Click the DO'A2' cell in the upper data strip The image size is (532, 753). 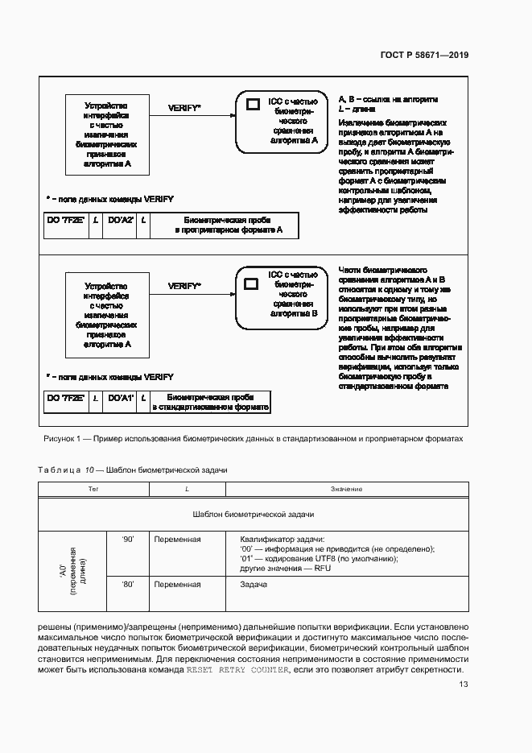[121, 220]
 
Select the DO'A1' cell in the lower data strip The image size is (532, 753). [121, 398]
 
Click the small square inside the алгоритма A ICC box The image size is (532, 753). [252, 104]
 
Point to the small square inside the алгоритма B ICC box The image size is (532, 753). [251, 283]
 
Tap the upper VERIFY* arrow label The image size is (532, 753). [184, 107]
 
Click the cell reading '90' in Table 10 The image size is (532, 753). [127, 539]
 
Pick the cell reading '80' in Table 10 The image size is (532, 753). [127, 584]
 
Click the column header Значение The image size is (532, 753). [346, 489]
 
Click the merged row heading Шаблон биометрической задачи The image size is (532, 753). [254, 514]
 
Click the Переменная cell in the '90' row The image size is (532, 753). [178, 539]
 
